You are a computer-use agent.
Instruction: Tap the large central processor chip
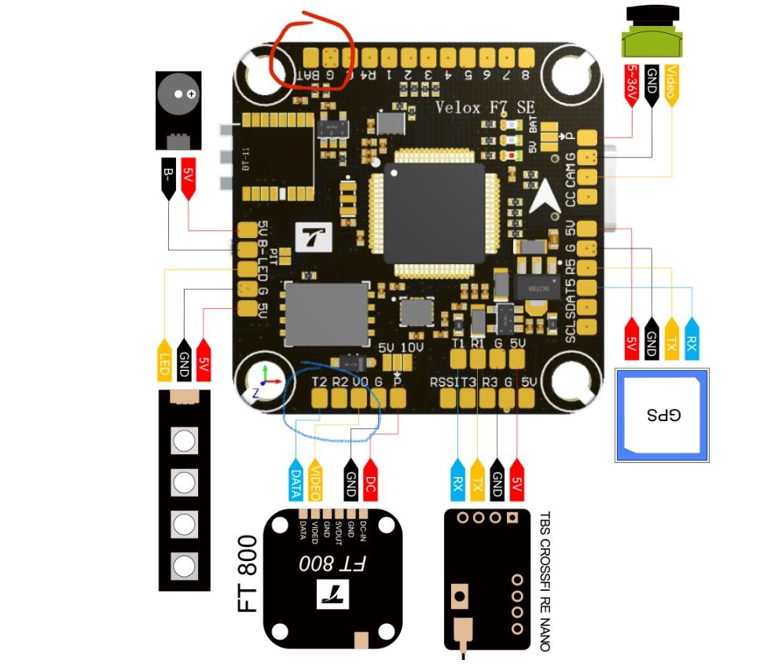coord(433,213)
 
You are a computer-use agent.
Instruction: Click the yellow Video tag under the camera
coord(670,85)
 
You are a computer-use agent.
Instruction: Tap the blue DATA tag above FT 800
coord(295,480)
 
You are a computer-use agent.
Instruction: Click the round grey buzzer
coord(178,94)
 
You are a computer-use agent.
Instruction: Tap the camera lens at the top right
coord(651,16)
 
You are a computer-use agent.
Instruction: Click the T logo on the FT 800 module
coord(328,595)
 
